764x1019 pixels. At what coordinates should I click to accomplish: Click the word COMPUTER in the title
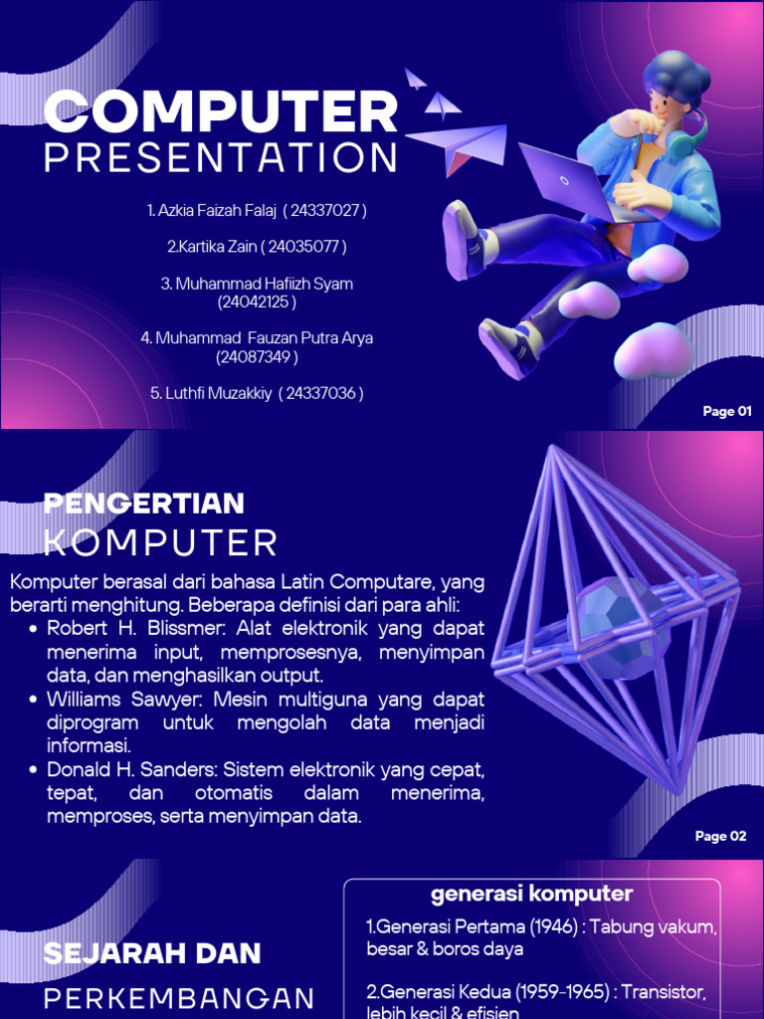[x=221, y=111]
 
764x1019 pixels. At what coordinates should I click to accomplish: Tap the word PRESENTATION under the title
[x=221, y=157]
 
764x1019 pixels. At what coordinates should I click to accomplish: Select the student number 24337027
[x=325, y=210]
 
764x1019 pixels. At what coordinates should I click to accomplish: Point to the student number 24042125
[x=257, y=302]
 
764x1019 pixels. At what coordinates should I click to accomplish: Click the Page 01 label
[x=727, y=411]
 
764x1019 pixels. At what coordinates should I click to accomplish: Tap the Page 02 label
[x=720, y=836]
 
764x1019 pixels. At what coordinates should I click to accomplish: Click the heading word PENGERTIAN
[x=144, y=504]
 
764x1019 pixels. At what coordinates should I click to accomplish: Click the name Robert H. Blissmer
[x=125, y=629]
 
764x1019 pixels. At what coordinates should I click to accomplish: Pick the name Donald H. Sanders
[x=129, y=770]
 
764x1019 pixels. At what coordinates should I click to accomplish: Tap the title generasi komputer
[x=531, y=893]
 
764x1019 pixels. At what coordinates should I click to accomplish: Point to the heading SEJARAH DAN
[x=152, y=952]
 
